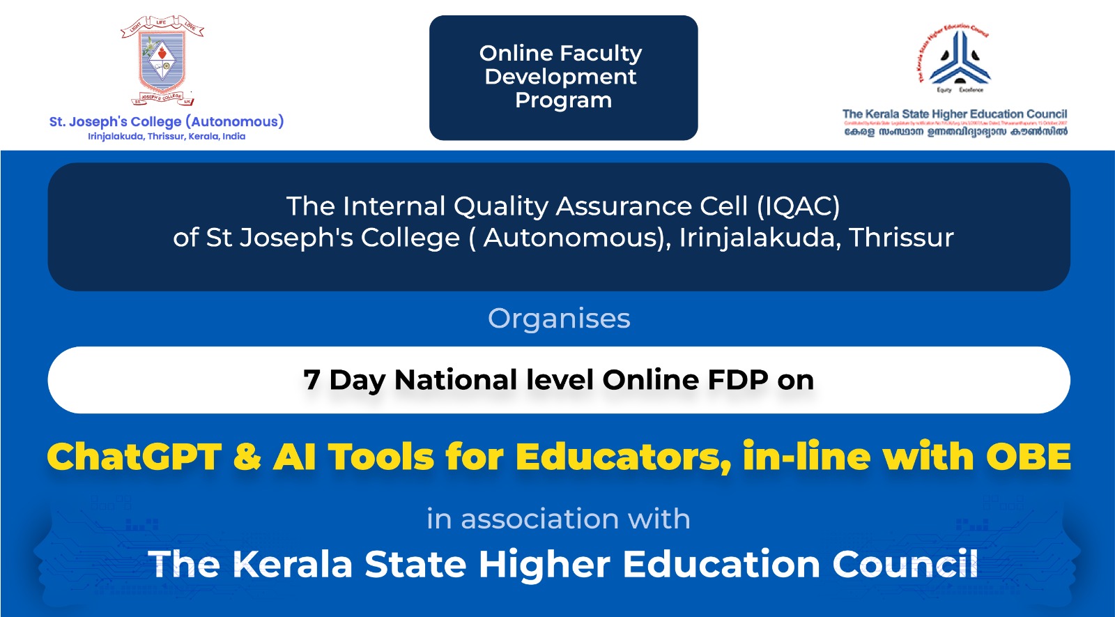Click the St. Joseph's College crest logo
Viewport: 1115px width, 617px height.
[x=162, y=61]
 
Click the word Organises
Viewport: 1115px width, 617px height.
[x=559, y=319]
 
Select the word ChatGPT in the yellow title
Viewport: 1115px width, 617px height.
[x=134, y=457]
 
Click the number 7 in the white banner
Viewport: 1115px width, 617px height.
[x=312, y=380]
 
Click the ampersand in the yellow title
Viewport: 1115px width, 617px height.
[x=247, y=457]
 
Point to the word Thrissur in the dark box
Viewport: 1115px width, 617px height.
[x=901, y=238]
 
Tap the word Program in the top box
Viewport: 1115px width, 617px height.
[x=563, y=100]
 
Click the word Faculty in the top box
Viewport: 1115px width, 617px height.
[x=601, y=53]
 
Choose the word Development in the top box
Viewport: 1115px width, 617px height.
[x=560, y=77]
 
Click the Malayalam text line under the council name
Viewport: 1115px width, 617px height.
[x=955, y=132]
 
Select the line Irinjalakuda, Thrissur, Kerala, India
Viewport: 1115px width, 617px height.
[x=167, y=137]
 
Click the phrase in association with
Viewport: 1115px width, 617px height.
[x=558, y=519]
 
